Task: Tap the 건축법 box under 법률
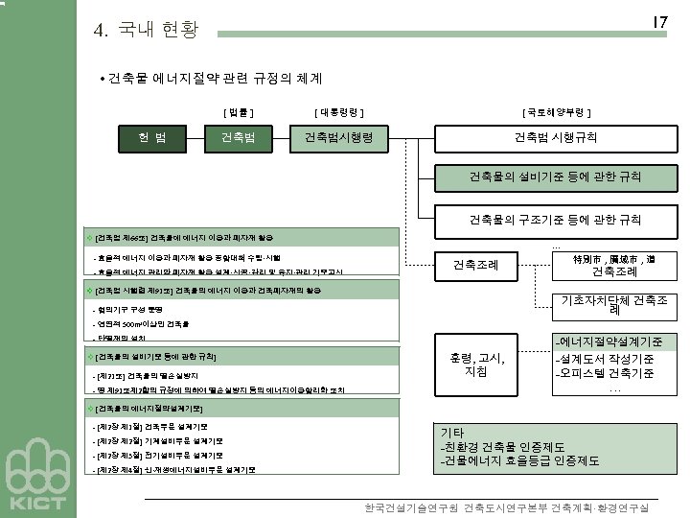point(238,138)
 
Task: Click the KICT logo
point(37,480)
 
